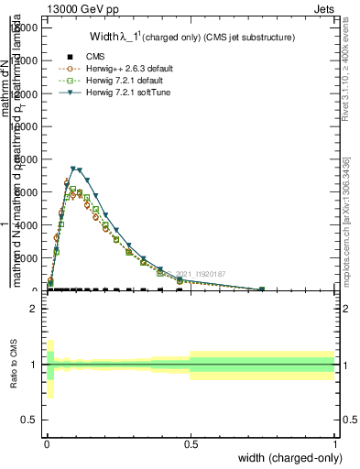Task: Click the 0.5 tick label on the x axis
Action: click(191, 444)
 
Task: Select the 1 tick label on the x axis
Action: click(335, 444)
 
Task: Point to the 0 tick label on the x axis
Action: click(47, 444)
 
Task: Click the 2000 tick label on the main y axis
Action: click(27, 257)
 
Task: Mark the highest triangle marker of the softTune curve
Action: click(73, 169)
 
